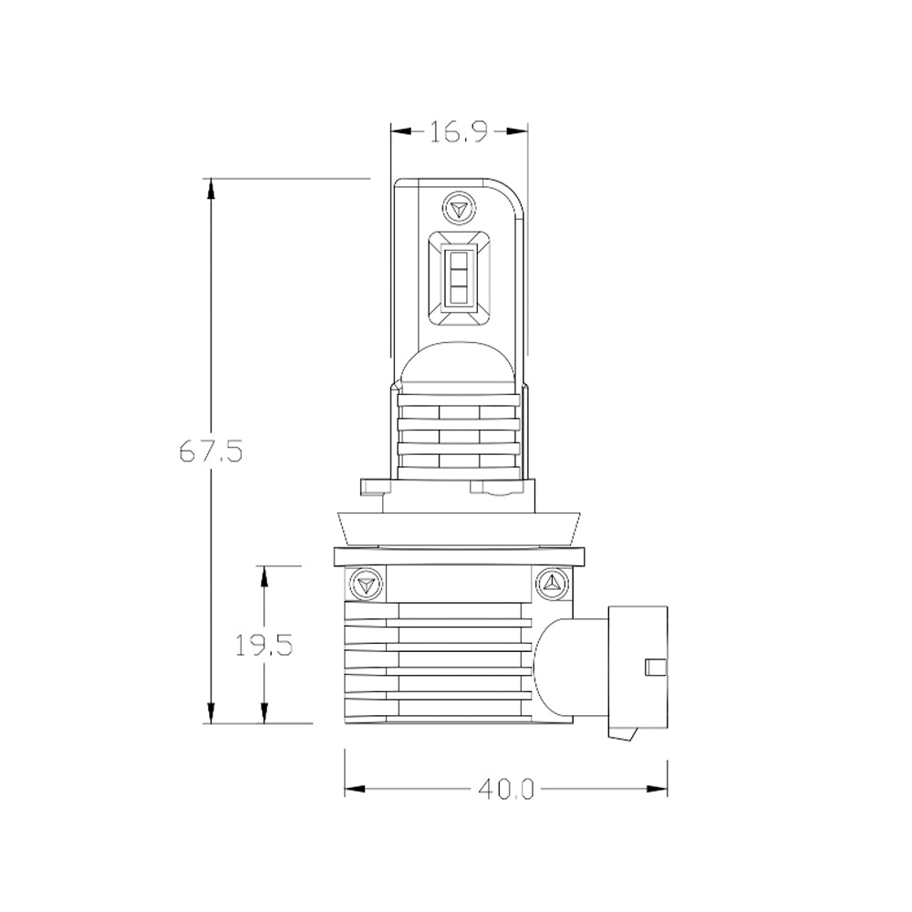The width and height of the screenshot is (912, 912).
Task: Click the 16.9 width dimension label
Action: tap(459, 132)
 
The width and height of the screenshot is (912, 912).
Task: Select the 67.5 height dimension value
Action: tap(211, 451)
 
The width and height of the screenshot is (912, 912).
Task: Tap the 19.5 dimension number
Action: tap(264, 645)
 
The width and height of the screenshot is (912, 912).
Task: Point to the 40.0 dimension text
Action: tap(505, 789)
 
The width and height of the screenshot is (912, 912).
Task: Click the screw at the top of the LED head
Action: tap(460, 207)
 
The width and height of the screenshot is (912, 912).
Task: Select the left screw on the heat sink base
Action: tap(367, 584)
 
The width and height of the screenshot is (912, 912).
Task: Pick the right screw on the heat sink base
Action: tap(552, 583)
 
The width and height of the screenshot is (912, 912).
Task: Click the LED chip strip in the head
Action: tap(460, 277)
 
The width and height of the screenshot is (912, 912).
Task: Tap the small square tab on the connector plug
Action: tap(656, 668)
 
